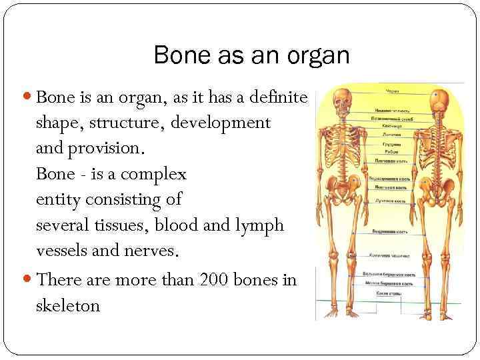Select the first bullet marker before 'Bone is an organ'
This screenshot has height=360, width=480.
coord(29,98)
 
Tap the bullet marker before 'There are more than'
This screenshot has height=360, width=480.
coord(29,280)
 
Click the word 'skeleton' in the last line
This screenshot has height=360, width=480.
coord(68,306)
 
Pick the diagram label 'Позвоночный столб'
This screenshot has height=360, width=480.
coord(390,117)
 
